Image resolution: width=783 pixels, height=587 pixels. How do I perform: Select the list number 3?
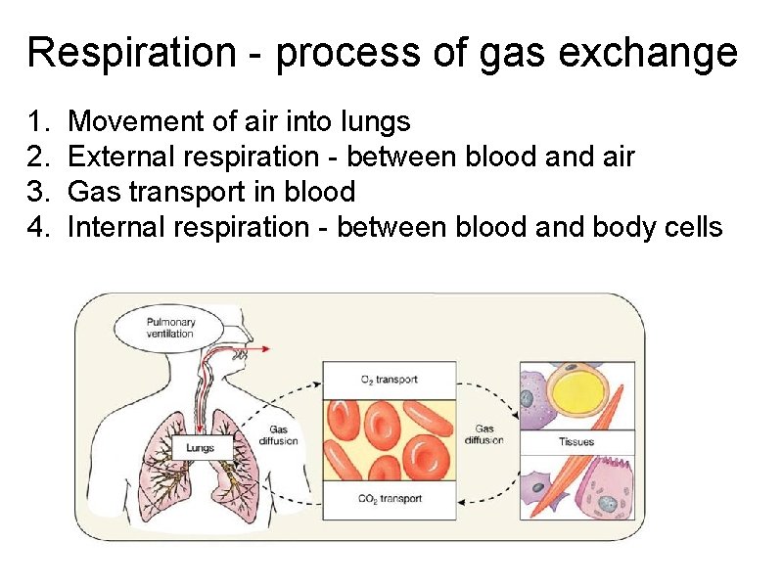click(38, 192)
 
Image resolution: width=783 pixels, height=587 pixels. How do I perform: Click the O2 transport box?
click(390, 380)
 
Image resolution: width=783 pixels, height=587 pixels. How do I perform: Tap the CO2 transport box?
click(390, 499)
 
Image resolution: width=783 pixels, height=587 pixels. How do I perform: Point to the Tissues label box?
click(576, 442)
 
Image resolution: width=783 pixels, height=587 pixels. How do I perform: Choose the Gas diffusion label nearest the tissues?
click(484, 434)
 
